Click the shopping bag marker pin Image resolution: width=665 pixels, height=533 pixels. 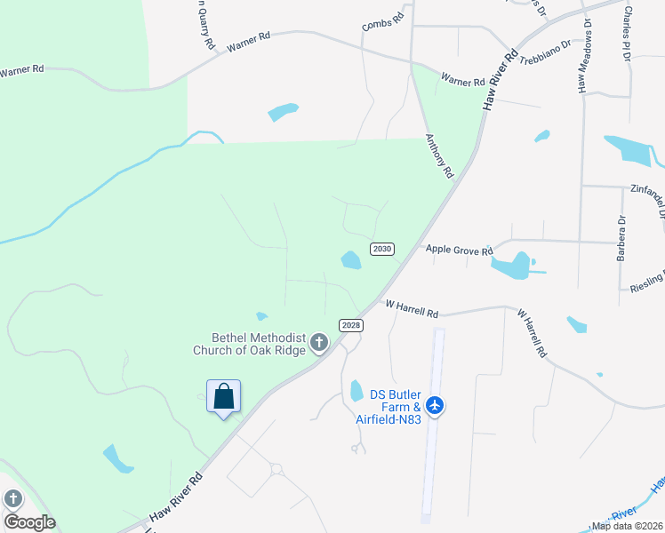coord(223,396)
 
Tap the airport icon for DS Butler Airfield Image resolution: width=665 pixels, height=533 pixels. coord(435,405)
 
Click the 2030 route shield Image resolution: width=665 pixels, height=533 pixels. coord(381,249)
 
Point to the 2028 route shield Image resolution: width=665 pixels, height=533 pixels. coord(351,325)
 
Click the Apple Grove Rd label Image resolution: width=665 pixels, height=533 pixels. coord(459,251)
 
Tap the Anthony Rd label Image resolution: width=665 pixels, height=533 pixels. coord(439,156)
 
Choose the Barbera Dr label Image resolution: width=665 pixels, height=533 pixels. coord(621,237)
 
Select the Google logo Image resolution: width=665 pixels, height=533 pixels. coord(29,521)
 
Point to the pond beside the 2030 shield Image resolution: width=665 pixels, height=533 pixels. coord(351,260)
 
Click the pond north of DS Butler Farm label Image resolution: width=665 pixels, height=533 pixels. coord(357,390)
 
